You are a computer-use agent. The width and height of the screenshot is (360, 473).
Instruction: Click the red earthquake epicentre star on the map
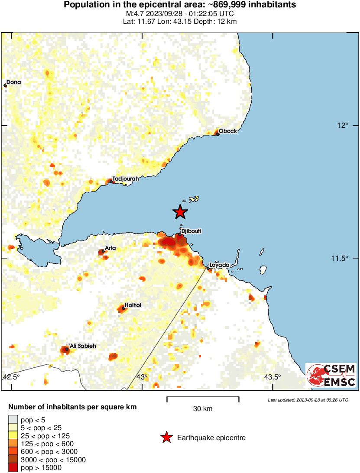(x=180, y=212)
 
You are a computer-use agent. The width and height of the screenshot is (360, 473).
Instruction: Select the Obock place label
(x=228, y=131)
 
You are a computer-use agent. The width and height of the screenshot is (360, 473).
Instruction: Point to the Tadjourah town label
(x=125, y=178)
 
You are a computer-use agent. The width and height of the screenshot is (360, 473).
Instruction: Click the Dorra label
(x=13, y=82)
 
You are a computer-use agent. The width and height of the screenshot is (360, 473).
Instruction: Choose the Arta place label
(x=110, y=248)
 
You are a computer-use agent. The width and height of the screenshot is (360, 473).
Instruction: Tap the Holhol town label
(x=133, y=305)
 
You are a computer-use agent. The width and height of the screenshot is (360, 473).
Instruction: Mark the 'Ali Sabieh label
(x=82, y=346)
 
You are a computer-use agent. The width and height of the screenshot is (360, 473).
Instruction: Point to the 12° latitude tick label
(x=344, y=126)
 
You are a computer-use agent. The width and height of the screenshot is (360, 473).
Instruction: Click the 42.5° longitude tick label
(x=11, y=377)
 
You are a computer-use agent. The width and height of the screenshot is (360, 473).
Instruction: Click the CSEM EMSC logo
(x=331, y=375)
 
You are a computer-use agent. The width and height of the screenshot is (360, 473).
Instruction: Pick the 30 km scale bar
(x=203, y=397)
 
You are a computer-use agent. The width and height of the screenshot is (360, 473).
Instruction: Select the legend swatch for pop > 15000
(x=13, y=467)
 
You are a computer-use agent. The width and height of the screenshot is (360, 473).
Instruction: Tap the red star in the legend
(x=166, y=438)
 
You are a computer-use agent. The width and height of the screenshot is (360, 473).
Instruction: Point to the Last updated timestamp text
(x=308, y=400)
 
